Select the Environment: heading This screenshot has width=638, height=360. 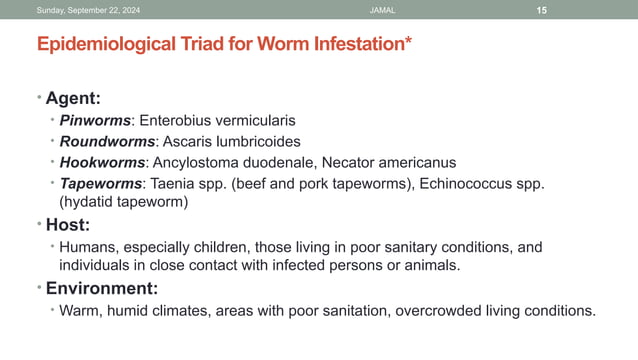pyautogui.click(x=102, y=289)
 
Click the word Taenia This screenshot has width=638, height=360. pyautogui.click(x=174, y=183)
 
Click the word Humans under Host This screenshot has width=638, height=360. pyautogui.click(x=87, y=246)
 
